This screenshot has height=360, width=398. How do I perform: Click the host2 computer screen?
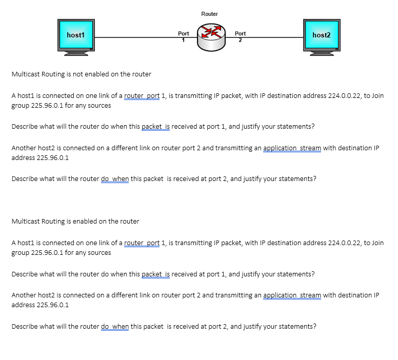[321, 35]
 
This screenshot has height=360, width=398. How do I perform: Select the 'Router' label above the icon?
[209, 14]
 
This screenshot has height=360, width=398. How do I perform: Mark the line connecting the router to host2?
[272, 37]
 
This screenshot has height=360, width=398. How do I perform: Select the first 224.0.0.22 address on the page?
[344, 96]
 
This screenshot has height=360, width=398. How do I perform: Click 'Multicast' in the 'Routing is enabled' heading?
[25, 222]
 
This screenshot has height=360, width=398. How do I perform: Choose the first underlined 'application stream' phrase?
[292, 148]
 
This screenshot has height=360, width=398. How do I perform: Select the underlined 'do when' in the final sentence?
[115, 326]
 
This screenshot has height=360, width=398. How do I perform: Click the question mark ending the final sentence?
[314, 326]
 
